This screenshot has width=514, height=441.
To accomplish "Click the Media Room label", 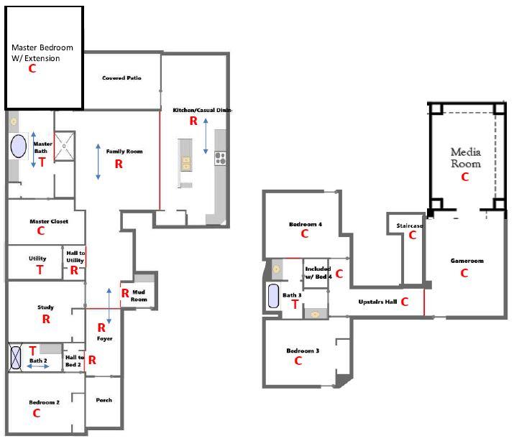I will pos(465,157).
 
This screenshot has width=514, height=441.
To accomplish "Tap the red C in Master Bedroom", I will pos(32,68).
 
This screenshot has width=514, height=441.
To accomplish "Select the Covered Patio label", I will pos(121,78).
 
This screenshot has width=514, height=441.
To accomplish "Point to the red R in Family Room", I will pos(119,164).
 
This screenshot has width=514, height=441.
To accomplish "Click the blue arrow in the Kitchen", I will pos(206,136).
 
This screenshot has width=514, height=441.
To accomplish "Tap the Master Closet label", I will pos(49,221).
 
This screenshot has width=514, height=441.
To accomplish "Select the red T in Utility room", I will pos(40,269).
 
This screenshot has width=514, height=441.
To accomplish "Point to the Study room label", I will pos(45,307).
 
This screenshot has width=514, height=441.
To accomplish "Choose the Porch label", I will pos(104,400).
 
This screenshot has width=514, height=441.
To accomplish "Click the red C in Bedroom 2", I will pos(36,413).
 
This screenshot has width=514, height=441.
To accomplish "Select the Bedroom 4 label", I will pos(305,224).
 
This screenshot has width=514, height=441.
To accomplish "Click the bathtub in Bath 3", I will pos(274,296).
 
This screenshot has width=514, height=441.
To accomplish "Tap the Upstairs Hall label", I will pos(377,302).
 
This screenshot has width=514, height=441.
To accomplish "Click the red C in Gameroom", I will pos(464,273).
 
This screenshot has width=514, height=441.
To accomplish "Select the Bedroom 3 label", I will pos(303,351).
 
